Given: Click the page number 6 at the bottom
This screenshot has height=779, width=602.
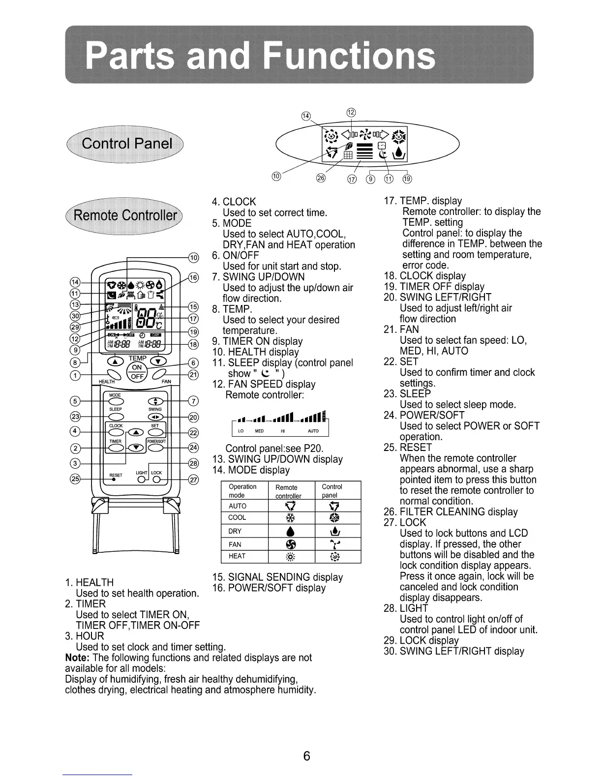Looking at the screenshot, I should (x=306, y=756).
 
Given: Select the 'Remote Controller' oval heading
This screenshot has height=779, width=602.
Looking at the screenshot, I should (x=125, y=216).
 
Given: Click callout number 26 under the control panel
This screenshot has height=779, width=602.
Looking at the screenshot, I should (x=321, y=178).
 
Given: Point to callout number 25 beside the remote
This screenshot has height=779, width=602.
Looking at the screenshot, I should (x=75, y=479).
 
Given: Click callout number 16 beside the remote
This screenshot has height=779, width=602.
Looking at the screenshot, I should (x=193, y=278).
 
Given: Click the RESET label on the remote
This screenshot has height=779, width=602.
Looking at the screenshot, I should (x=116, y=476).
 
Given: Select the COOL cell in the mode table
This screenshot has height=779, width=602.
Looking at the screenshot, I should (x=237, y=518).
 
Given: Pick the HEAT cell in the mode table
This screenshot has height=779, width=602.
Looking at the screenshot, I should (x=237, y=556).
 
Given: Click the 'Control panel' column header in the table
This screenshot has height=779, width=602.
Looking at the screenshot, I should (x=332, y=490).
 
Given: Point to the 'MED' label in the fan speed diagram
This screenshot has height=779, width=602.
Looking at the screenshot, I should (x=259, y=431).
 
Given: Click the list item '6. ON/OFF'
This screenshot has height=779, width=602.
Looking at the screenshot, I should (x=235, y=255).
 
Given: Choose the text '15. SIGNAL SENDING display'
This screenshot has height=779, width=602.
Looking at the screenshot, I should (x=277, y=577).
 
